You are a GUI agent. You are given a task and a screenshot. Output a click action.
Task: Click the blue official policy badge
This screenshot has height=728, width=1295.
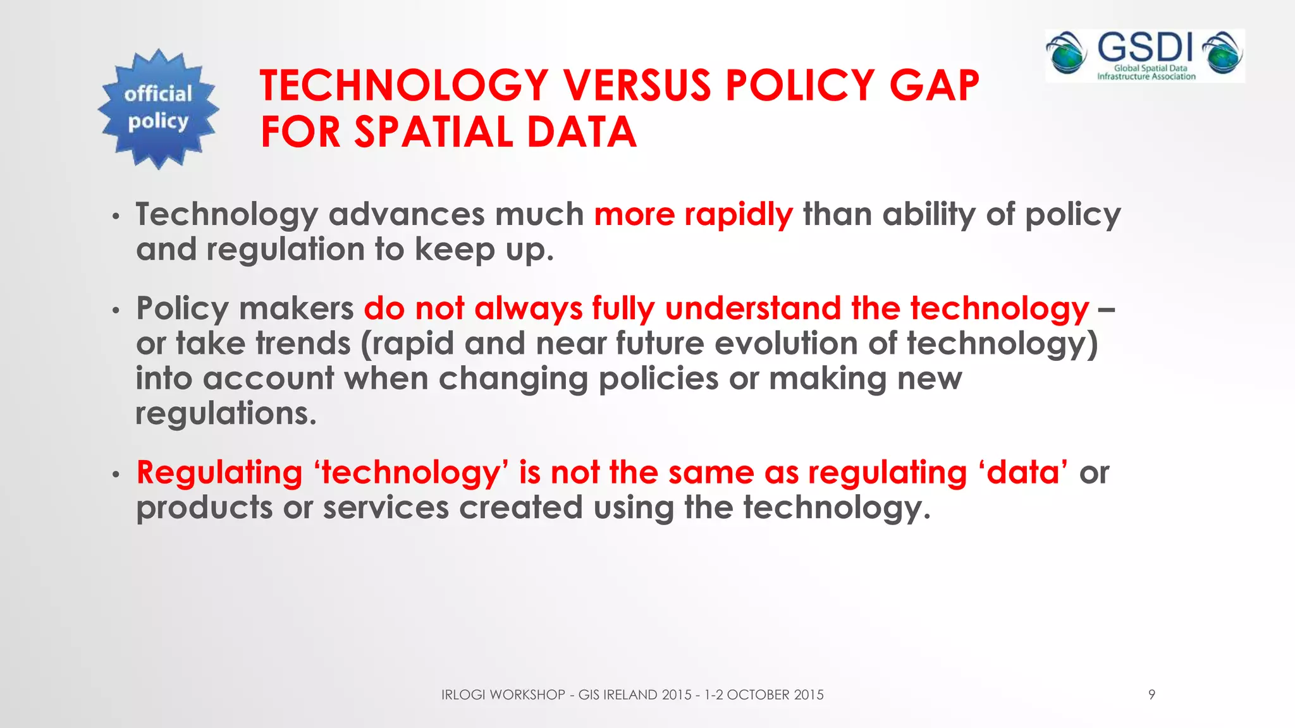[x=158, y=109]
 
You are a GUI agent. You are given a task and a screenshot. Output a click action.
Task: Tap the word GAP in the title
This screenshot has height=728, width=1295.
[x=934, y=85]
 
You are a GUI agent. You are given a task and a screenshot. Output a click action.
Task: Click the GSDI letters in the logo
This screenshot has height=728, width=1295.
[x=1145, y=47]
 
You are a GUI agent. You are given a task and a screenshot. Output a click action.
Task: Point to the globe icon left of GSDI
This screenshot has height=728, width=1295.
[x=1067, y=53]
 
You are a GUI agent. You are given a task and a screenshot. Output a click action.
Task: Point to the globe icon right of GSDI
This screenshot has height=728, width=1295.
[x=1224, y=53]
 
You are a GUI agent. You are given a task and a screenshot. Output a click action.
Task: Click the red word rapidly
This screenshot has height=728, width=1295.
[x=738, y=215]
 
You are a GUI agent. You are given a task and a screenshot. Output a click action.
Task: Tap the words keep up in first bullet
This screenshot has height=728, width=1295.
[x=484, y=250]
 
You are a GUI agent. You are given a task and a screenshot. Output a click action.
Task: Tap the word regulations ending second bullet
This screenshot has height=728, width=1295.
[x=226, y=414]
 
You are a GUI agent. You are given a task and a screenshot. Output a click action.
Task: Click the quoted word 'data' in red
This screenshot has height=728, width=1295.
[x=1023, y=473]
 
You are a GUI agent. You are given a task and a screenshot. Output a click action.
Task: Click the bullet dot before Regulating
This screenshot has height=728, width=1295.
[x=115, y=475]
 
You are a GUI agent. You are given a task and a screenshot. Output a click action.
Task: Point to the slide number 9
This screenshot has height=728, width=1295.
[x=1151, y=695]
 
